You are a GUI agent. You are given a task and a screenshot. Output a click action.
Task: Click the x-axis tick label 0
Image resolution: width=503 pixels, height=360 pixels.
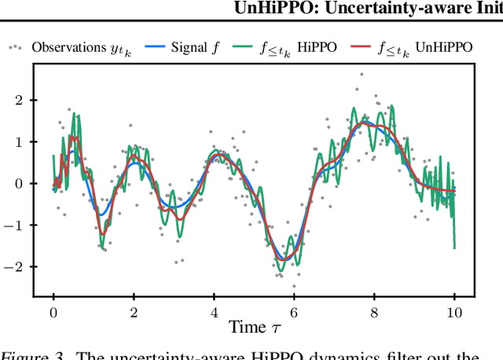pyautogui.click(x=53, y=310)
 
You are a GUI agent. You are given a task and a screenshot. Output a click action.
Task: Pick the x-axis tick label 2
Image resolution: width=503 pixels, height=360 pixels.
pyautogui.click(x=134, y=310)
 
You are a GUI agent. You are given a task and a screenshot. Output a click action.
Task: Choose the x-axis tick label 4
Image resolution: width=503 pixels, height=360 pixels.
pyautogui.click(x=214, y=310)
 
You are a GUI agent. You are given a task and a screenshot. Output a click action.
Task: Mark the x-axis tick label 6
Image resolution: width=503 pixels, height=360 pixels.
pyautogui.click(x=294, y=310)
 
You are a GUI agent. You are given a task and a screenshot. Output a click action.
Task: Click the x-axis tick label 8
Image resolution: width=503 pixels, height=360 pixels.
pyautogui.click(x=374, y=310)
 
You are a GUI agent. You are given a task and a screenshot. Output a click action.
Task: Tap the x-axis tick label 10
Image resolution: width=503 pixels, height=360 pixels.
pyautogui.click(x=454, y=310)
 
